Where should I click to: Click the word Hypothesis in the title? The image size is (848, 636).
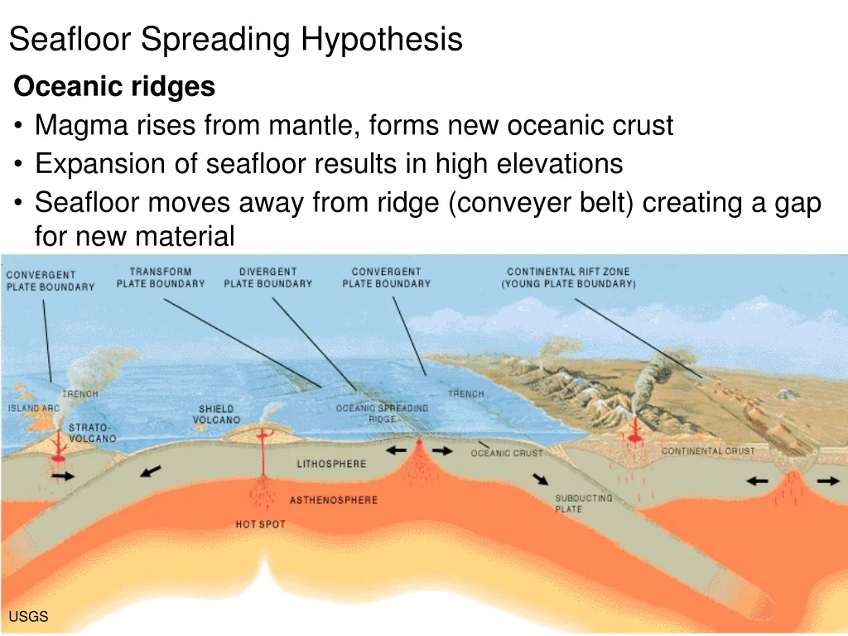[381, 40]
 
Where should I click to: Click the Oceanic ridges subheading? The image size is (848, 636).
[114, 86]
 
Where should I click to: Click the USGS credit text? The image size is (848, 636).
[28, 616]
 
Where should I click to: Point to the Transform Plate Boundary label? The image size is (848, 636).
[161, 277]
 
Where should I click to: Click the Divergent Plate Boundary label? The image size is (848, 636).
[268, 277]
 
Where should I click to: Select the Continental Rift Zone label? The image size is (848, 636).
[568, 277]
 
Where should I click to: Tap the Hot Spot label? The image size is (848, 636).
[260, 524]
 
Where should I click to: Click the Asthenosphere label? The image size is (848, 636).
[334, 500]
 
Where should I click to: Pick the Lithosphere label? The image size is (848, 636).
[331, 464]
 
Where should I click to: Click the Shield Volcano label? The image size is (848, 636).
[216, 414]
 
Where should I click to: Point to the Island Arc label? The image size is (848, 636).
[33, 407]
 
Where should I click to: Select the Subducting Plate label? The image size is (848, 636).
[584, 503]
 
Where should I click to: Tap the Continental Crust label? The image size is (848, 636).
[708, 451]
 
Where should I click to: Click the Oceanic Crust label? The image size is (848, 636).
[507, 453]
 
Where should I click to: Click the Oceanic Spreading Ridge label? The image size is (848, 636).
[382, 413]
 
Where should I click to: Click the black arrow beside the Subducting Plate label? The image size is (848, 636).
[540, 479]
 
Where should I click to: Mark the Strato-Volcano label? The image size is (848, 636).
[92, 433]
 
